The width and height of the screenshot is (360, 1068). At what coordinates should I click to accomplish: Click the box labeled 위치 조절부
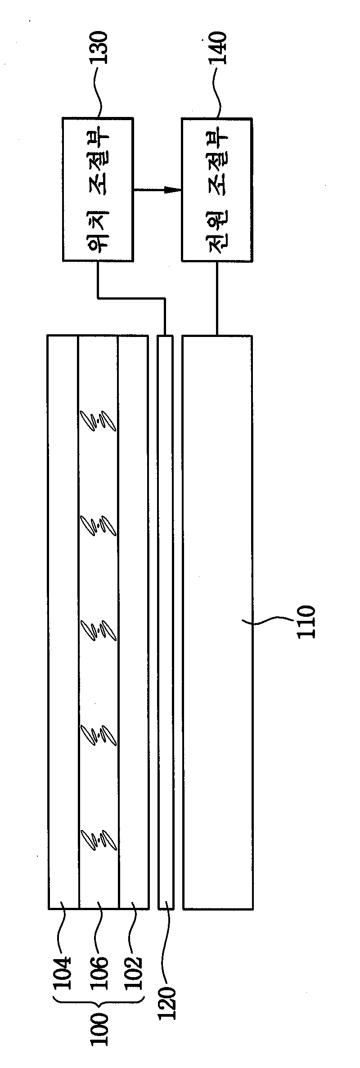[98, 189]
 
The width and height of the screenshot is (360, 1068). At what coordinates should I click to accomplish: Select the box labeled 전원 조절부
[216, 189]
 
